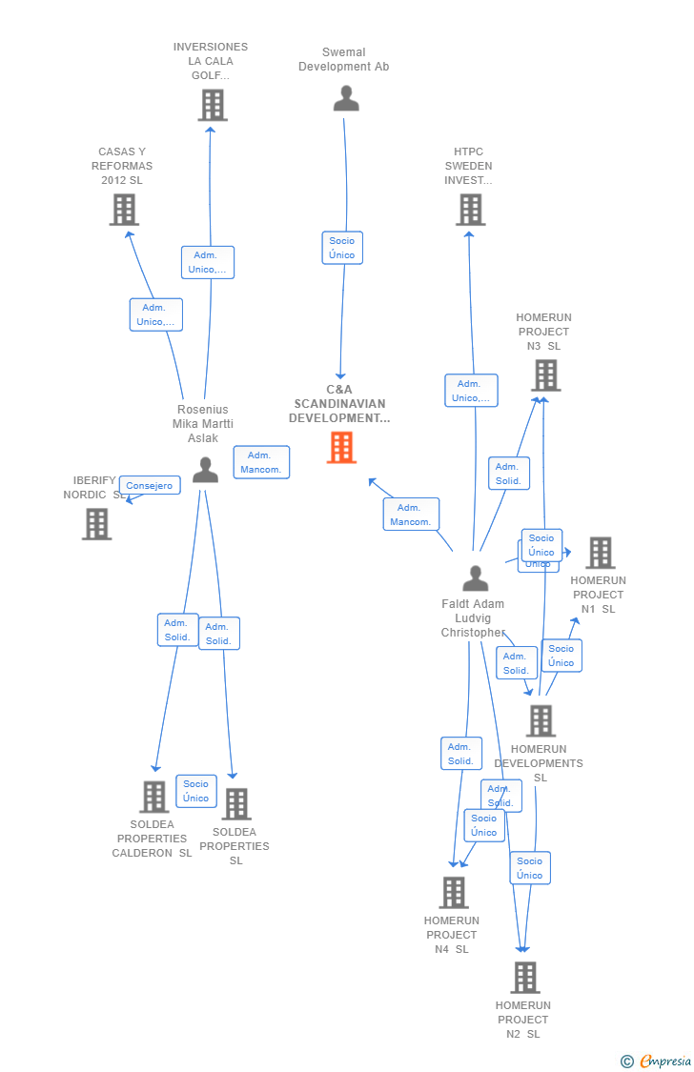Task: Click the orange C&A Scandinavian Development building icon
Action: click(341, 447)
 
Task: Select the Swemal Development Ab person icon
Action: click(346, 98)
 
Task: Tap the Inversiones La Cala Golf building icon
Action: click(213, 105)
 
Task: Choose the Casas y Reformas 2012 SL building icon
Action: click(124, 210)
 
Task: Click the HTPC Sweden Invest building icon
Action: click(471, 210)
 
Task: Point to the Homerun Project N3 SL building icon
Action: click(546, 375)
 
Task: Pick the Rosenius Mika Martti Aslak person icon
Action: click(205, 470)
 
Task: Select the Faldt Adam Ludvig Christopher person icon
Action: click(475, 578)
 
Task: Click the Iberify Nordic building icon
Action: click(96, 523)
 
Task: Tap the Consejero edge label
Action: click(150, 486)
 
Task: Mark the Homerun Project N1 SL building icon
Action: click(601, 553)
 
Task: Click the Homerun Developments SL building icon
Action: click(541, 720)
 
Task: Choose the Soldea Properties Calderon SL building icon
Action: click(153, 797)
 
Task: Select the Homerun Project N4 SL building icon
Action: click(454, 892)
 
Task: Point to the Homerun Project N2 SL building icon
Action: click(524, 978)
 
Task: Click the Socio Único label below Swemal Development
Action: click(342, 248)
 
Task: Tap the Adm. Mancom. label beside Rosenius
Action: click(261, 462)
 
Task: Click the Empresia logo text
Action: click(665, 1062)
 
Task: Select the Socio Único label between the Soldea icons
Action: click(196, 791)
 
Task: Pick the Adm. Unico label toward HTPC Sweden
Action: click(471, 391)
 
